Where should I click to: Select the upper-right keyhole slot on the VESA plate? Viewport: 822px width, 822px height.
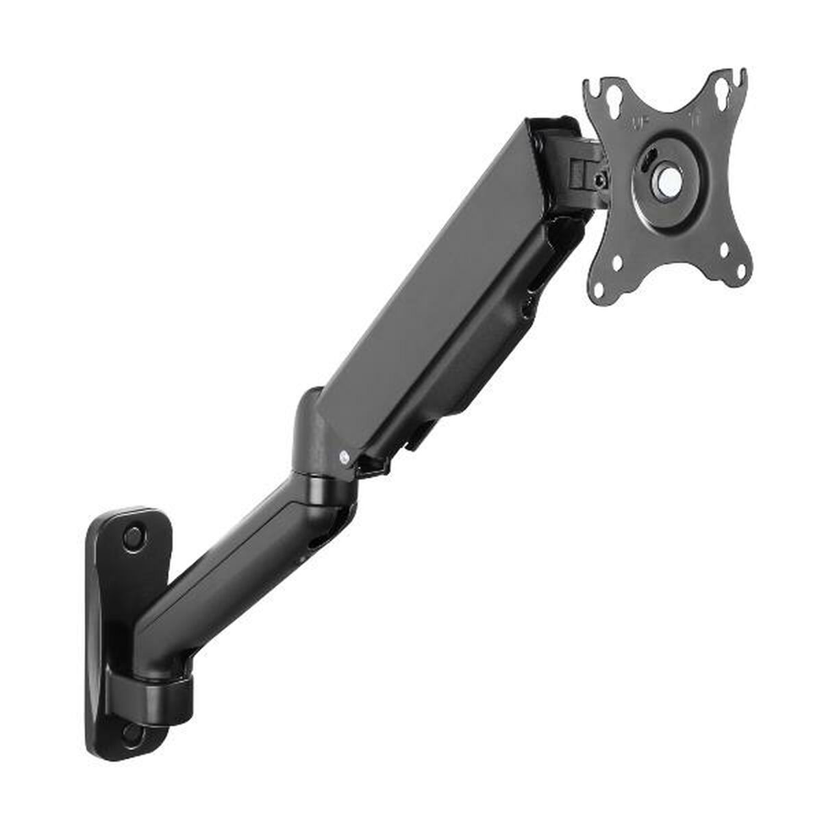pyautogui.click(x=721, y=90)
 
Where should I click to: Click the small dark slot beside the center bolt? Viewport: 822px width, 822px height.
pyautogui.click(x=647, y=164)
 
